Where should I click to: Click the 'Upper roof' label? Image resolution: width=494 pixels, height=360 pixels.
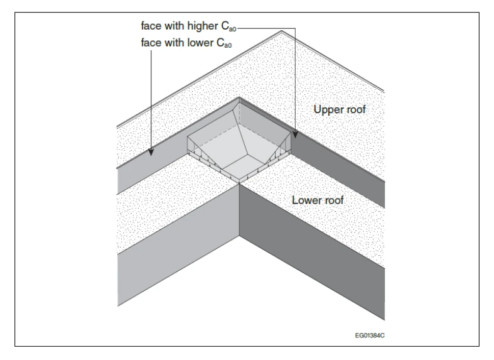coord(340,110)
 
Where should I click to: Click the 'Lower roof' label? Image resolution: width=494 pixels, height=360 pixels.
coord(318,200)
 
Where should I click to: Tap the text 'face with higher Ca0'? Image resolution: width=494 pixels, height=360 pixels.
coord(188,26)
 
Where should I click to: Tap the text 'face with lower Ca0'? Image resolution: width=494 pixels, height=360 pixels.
coord(186,43)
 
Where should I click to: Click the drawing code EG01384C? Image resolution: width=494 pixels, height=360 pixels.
coord(370,335)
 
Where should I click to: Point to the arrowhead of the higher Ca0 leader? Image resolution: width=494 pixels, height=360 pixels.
coord(295,135)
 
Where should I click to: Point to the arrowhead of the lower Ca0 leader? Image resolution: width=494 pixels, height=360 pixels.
coord(151,152)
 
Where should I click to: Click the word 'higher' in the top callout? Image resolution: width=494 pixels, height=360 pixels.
coord(202,26)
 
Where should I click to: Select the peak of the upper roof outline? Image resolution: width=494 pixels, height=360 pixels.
coord(282,31)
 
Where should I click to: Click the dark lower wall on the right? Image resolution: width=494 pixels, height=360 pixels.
coord(312,252)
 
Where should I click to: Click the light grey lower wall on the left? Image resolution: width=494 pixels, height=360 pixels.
coord(178,245)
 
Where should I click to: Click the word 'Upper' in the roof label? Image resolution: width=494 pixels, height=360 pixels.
coord(326,110)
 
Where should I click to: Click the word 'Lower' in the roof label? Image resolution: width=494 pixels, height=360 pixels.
coord(304,200)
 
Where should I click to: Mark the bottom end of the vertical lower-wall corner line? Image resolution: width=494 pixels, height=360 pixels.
coord(239,236)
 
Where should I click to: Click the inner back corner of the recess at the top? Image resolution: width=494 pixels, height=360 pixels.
coord(239,102)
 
